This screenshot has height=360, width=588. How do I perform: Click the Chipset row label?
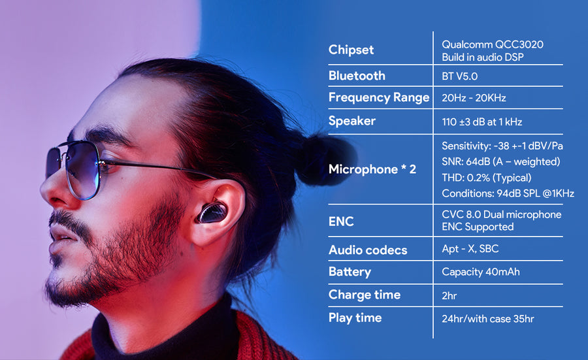point(351,50)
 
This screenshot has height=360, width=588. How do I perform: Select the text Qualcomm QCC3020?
point(493,44)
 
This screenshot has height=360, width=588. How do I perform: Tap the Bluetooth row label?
point(357,76)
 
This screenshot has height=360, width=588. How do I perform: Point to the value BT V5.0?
point(459,76)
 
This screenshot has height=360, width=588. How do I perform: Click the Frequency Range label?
point(379,97)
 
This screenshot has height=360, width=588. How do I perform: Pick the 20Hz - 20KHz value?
point(474,98)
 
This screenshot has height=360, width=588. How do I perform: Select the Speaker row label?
point(351,121)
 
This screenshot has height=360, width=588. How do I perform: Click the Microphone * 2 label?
point(372,169)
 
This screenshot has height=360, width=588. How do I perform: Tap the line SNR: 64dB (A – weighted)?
point(500,161)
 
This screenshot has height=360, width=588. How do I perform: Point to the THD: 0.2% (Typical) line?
point(486,178)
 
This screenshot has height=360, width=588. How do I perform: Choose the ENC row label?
point(341,221)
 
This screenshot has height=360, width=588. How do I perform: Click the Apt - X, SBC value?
point(470,249)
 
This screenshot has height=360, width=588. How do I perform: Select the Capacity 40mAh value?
point(481,272)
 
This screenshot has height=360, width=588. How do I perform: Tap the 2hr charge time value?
point(449,295)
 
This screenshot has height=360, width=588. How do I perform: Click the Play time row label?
point(355,318)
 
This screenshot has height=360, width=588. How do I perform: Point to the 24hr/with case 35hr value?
point(487,319)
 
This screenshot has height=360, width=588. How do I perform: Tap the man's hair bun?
point(323,159)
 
